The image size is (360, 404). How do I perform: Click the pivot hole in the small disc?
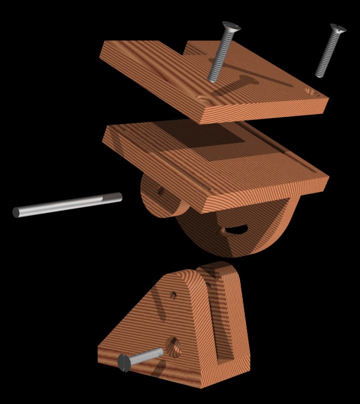tap(160, 191)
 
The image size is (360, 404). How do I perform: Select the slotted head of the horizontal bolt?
tap(124, 363)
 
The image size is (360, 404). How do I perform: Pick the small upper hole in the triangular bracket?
tap(173, 294)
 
